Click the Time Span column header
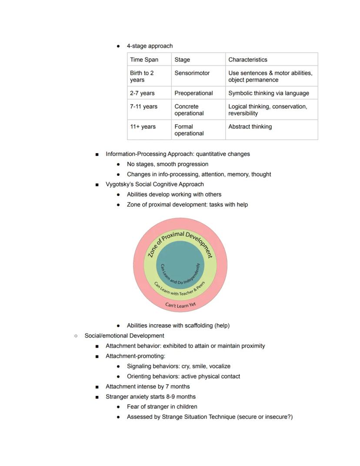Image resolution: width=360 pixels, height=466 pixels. coord(144,60)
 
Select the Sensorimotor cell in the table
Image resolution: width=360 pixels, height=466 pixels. coord(192,73)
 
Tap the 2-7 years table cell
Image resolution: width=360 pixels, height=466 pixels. coord(142,93)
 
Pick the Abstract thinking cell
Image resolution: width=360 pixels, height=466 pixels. coord(250,127)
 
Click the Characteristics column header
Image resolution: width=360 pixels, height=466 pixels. coord(247,60)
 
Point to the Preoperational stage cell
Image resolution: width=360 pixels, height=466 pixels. coord(193,93)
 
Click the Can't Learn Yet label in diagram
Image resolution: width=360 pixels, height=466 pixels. coord(180,305)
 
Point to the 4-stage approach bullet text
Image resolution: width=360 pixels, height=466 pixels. coord(150,46)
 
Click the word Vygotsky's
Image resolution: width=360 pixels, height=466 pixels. coord(120,184)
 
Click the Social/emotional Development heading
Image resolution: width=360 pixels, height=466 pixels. coord(124,335)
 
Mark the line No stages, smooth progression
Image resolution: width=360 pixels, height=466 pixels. coord(167,164)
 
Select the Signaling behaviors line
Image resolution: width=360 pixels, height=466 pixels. coord(178,366)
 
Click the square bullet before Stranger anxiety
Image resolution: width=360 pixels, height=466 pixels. coord(97,397)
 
